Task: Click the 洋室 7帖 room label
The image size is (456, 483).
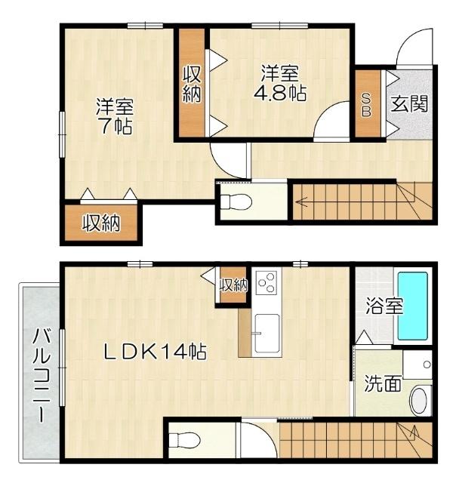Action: click(x=115, y=116)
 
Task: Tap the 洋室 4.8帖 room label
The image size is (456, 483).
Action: click(x=280, y=84)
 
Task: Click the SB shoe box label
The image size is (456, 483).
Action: click(x=367, y=105)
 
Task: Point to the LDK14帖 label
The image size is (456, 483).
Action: click(x=156, y=351)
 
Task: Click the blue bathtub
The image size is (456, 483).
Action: click(x=413, y=307)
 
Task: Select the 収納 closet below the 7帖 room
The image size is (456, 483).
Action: click(x=101, y=223)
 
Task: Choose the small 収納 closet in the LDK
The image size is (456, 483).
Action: click(x=233, y=285)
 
